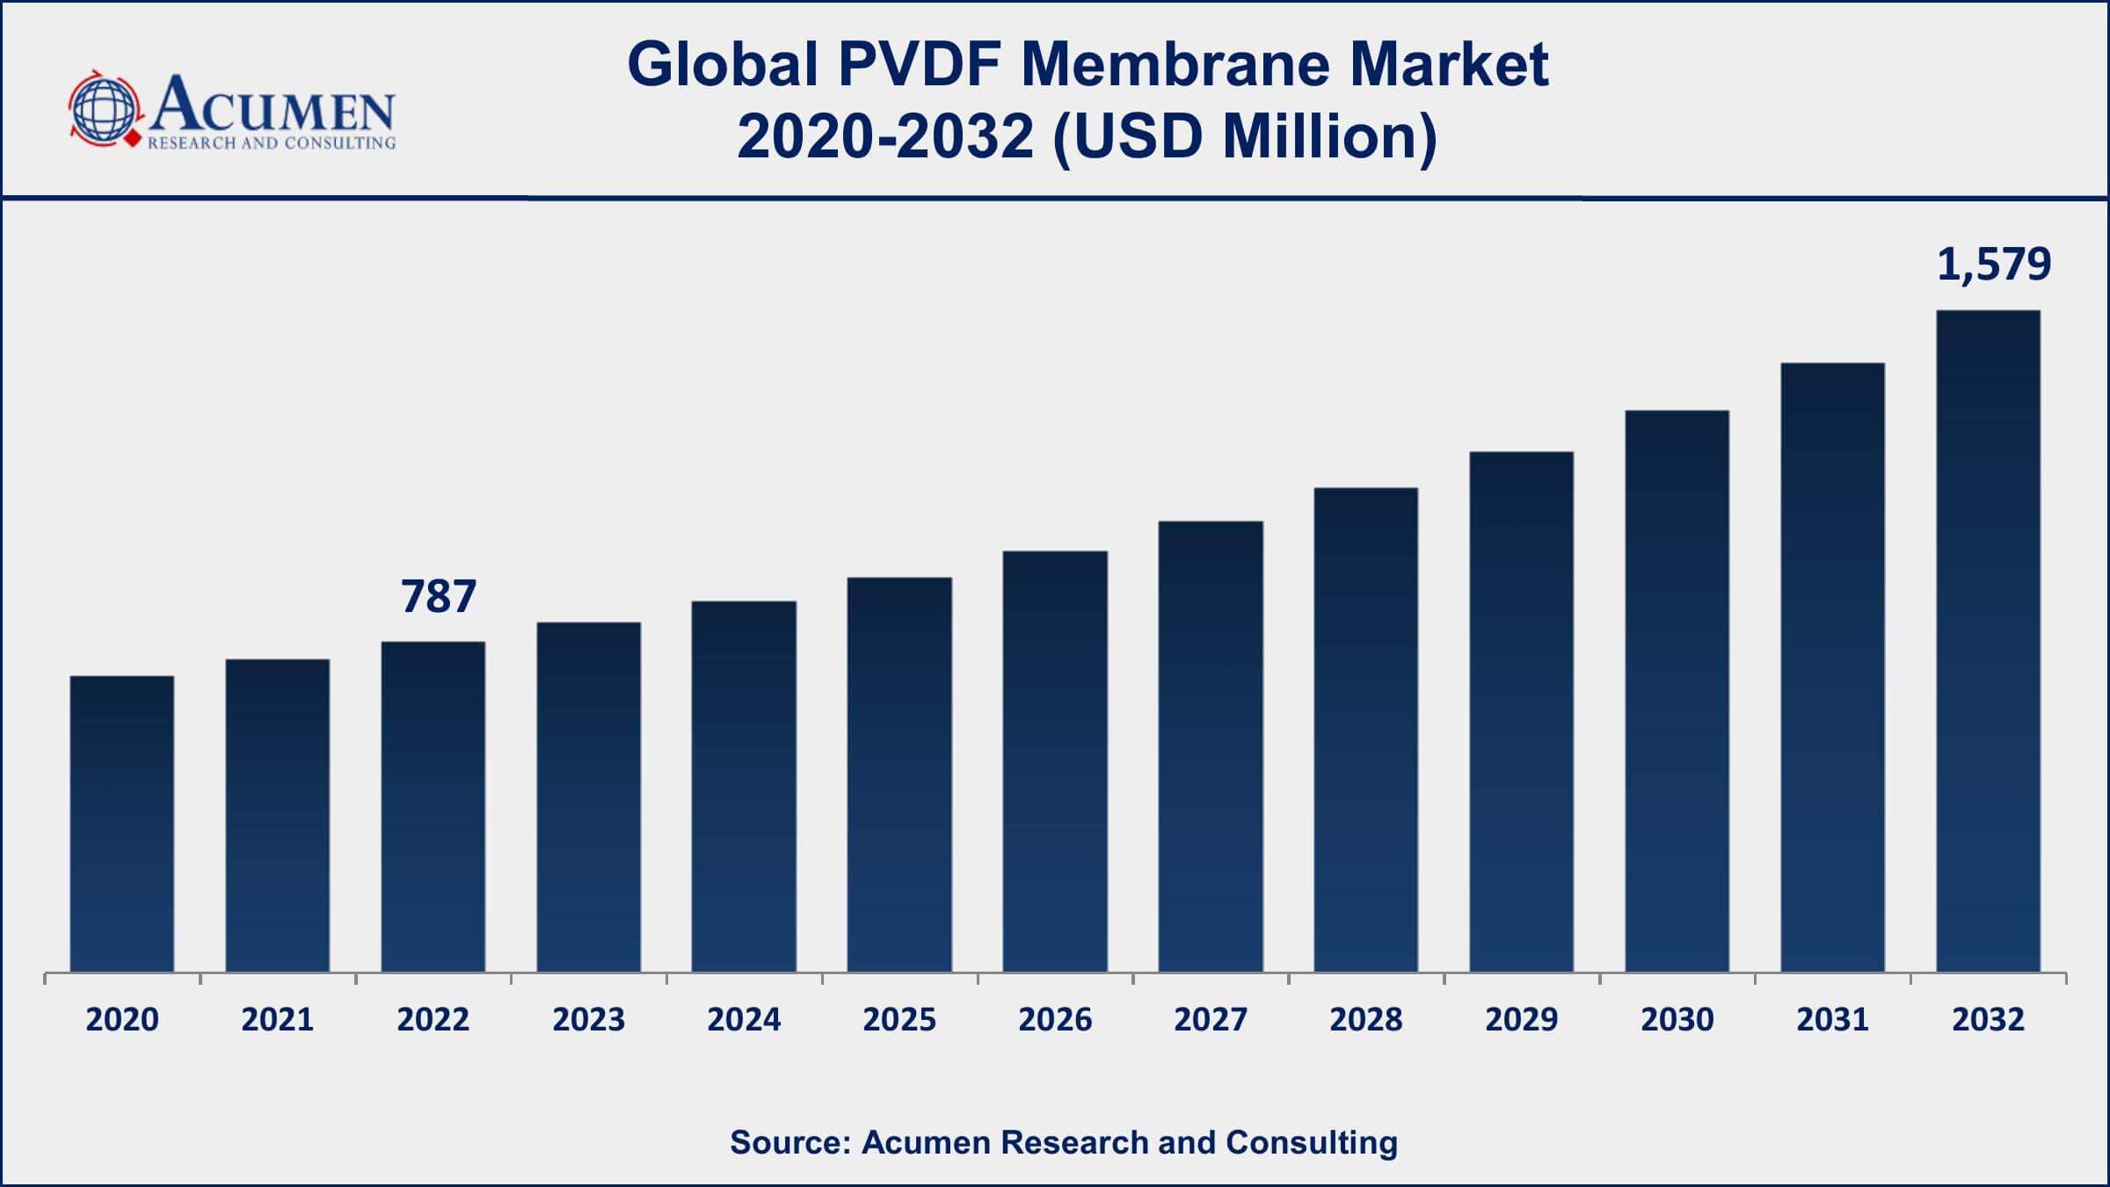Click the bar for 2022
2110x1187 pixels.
(x=433, y=806)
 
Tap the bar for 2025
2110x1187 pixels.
(x=899, y=774)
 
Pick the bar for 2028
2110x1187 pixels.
(x=1365, y=729)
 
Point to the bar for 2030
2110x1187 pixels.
(x=1677, y=690)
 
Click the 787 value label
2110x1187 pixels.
(x=439, y=596)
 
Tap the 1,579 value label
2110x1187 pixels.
(x=1994, y=264)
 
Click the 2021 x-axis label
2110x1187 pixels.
(x=278, y=1020)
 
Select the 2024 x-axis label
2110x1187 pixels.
(x=744, y=1020)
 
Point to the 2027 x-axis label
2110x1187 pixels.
(x=1211, y=1020)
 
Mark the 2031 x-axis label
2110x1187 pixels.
(x=1832, y=1020)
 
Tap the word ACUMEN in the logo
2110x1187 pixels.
(x=273, y=106)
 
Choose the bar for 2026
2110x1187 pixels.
(x=1055, y=761)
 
